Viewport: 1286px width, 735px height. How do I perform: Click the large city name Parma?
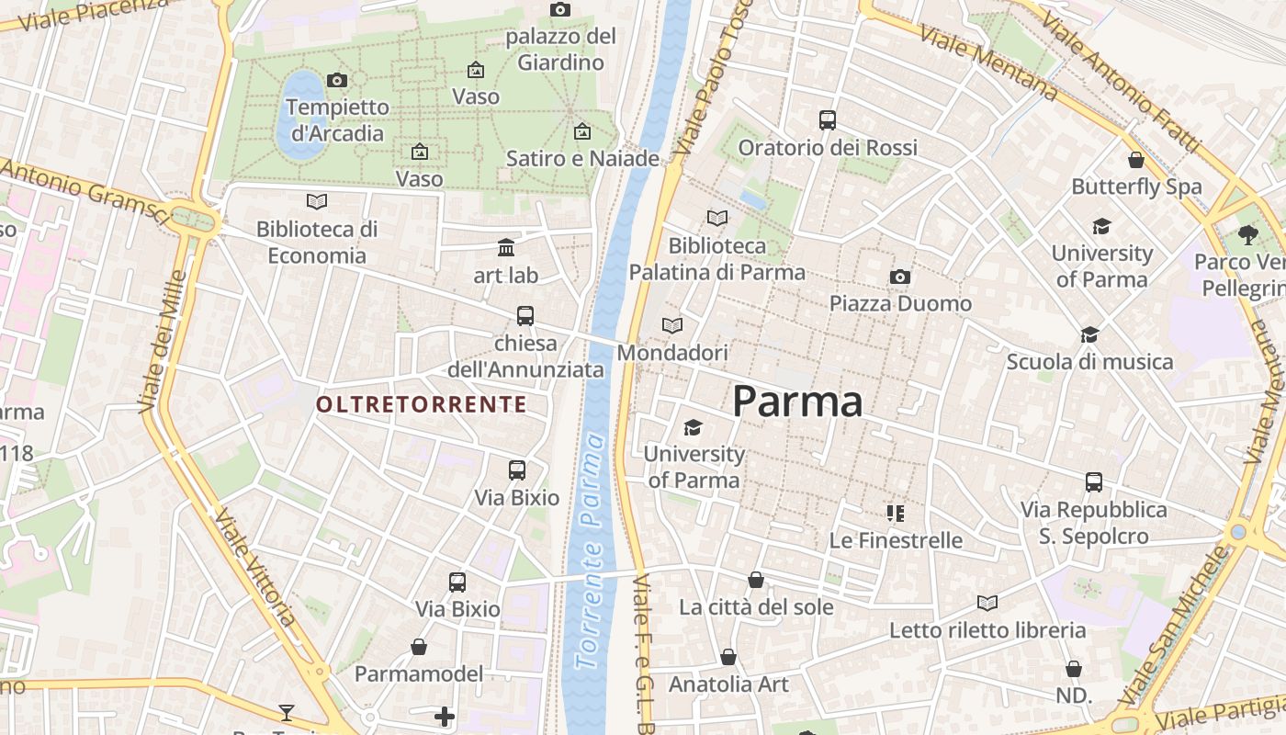[x=797, y=402]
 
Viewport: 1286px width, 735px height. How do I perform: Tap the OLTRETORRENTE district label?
[x=422, y=404]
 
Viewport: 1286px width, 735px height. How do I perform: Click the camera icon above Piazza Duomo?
[x=900, y=277]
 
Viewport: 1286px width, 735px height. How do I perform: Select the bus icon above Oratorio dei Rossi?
[x=828, y=120]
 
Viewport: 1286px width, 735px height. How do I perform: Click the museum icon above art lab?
[x=506, y=247]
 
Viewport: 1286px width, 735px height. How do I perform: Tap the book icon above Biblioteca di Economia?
[x=317, y=201]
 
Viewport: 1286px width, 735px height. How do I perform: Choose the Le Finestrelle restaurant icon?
[x=896, y=514]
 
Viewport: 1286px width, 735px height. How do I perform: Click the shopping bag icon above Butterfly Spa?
[x=1136, y=160]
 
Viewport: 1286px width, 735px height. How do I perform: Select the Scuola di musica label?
[x=1089, y=362]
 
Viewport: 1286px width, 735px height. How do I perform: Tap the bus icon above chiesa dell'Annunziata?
[x=525, y=316]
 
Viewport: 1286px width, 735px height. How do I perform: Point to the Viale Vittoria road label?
[x=256, y=567]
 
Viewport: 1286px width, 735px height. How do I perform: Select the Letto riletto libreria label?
[x=987, y=630]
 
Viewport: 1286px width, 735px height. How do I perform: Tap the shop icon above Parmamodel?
[x=419, y=647]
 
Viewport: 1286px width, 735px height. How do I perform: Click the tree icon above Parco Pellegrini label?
[x=1247, y=235]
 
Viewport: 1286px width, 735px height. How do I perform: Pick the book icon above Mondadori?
[x=672, y=326]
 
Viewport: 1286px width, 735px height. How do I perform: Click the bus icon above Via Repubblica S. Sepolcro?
[x=1093, y=482]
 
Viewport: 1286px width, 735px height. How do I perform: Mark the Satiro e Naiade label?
[x=582, y=158]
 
